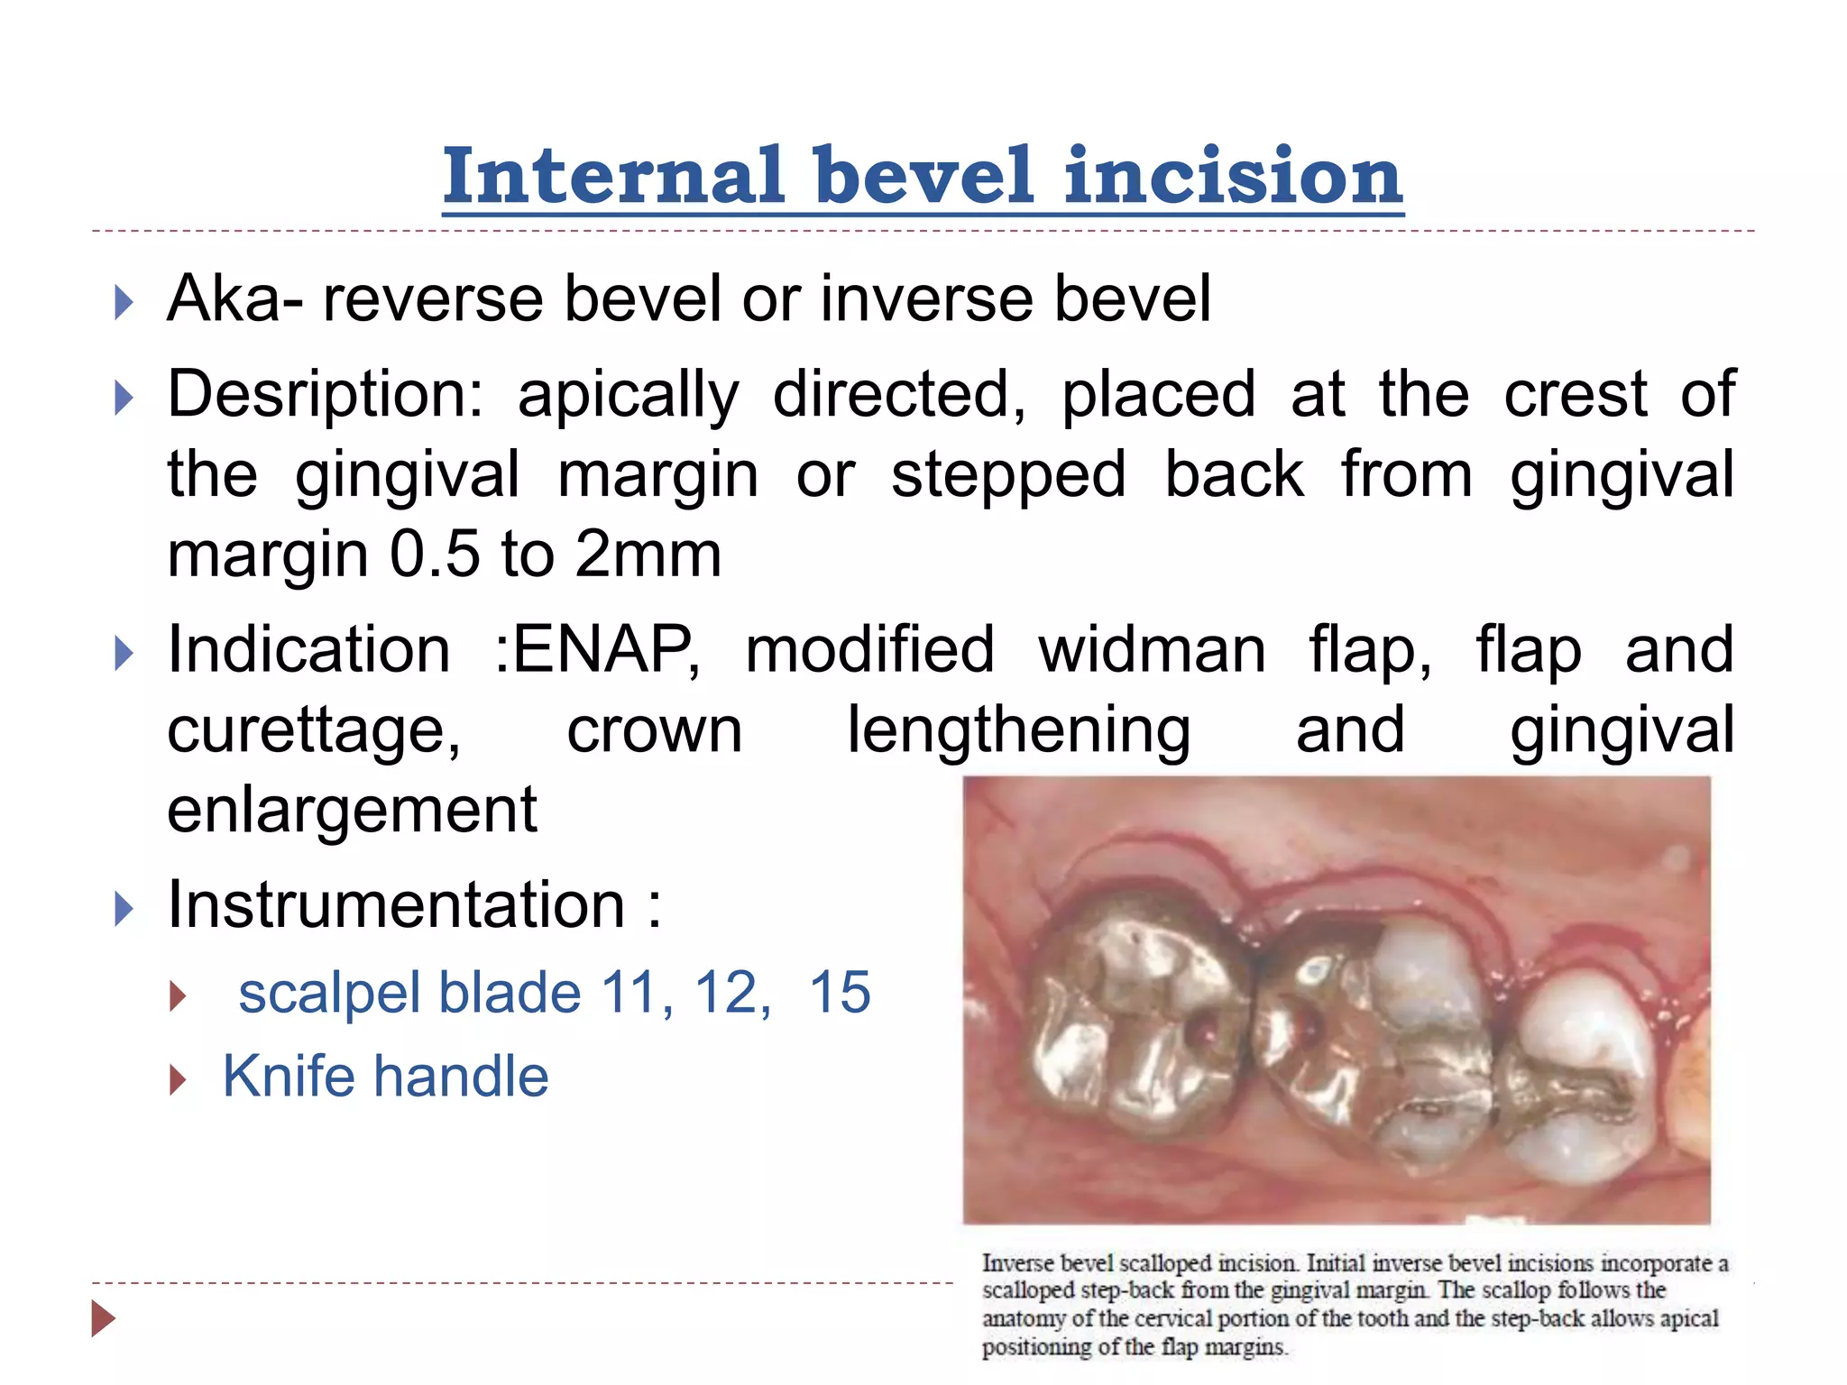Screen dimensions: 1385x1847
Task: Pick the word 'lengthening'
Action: coord(1019,729)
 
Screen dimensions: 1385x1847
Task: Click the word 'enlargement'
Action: coord(353,809)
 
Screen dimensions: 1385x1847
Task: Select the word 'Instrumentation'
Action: coord(396,904)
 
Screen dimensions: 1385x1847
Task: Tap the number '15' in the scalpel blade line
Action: coord(840,993)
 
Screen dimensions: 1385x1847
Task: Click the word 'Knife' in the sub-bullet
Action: coord(289,1077)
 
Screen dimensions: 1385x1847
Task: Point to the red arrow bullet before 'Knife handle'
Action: coord(178,1078)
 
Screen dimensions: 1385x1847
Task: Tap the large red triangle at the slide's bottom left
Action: coord(104,1318)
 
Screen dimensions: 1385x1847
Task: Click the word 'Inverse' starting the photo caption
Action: coord(1017,1264)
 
